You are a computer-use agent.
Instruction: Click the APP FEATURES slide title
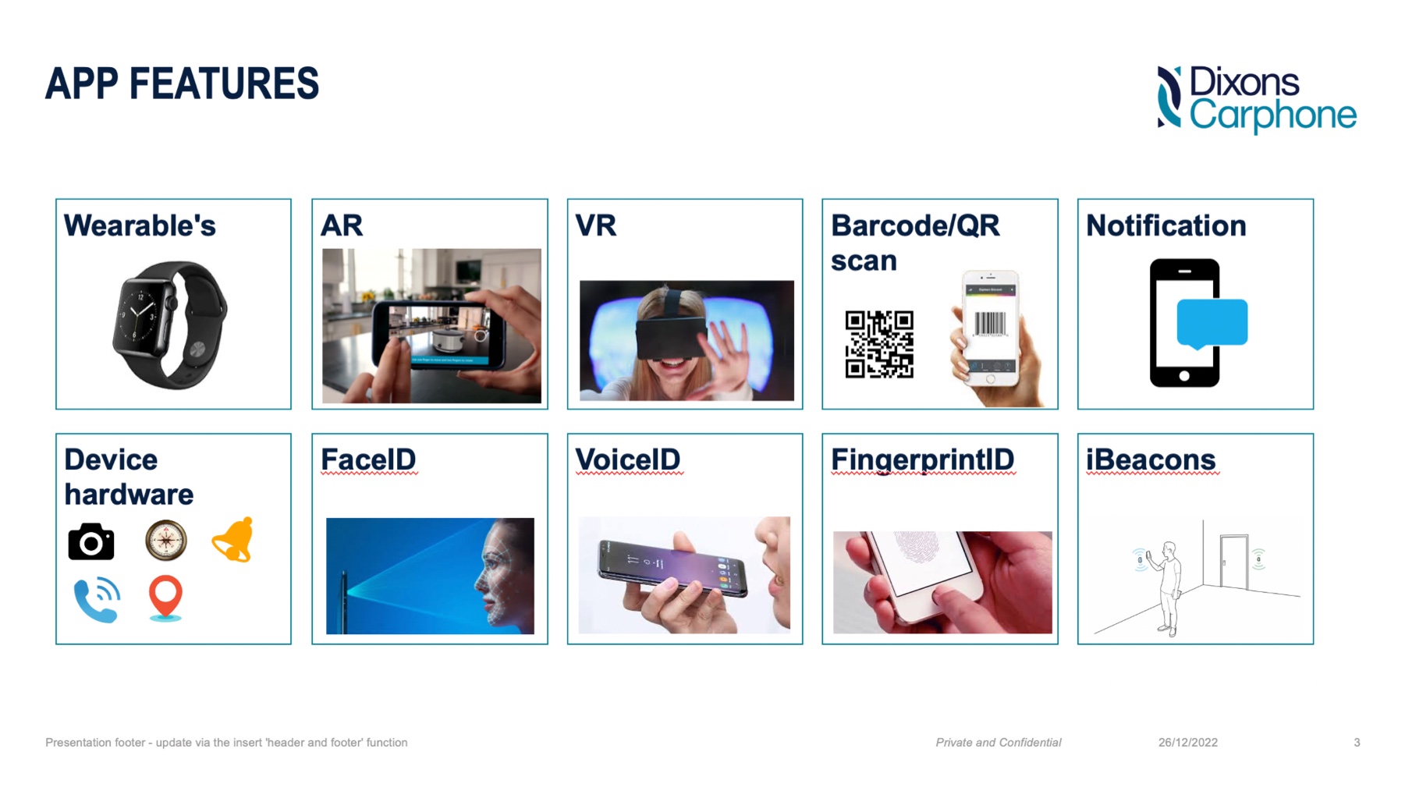click(182, 83)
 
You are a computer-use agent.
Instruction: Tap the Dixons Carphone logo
click(1257, 99)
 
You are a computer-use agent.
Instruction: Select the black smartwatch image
click(170, 325)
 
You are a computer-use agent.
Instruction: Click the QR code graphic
click(879, 344)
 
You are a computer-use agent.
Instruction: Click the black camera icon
click(91, 541)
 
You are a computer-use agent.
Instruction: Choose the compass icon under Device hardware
click(166, 541)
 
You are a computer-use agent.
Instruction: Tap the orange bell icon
click(233, 540)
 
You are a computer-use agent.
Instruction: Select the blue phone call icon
click(97, 600)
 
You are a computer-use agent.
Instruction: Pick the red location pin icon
click(165, 598)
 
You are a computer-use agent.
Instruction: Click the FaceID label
click(368, 459)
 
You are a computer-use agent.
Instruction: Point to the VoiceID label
click(628, 459)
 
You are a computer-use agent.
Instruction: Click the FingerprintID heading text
click(923, 460)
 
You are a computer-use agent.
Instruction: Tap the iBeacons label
click(1151, 459)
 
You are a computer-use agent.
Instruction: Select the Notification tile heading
click(1166, 225)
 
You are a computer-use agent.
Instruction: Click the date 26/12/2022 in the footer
click(1188, 743)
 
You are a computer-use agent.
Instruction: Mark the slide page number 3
click(1357, 743)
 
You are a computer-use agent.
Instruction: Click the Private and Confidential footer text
click(999, 743)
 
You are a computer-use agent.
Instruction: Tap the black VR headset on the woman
click(672, 336)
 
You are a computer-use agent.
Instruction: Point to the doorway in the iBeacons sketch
click(1234, 562)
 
